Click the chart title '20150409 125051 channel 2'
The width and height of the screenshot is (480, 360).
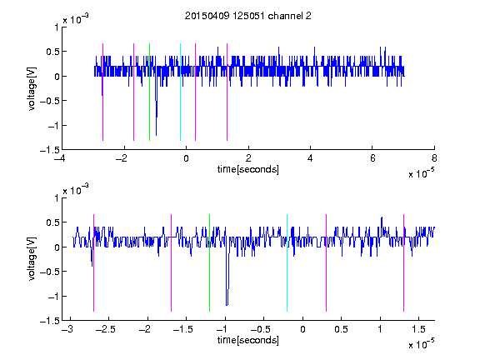pos(248,16)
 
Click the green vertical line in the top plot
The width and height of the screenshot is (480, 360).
pos(149,92)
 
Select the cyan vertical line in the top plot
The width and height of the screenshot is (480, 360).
pos(180,92)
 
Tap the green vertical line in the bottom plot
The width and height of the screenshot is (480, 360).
pos(209,262)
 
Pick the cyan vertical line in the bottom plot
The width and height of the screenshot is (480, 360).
pos(287,262)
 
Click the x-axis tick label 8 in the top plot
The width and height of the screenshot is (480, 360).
pos(434,158)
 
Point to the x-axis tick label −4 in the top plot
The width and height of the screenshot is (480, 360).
pos(59,158)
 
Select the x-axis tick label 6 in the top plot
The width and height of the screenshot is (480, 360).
pos(372,158)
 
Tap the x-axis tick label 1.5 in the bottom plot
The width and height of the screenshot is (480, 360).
pos(418,329)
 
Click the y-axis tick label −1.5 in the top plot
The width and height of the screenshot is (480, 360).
pos(49,150)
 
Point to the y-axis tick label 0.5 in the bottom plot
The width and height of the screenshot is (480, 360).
pos(52,222)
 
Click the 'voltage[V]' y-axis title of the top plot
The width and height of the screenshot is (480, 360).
pos(32,88)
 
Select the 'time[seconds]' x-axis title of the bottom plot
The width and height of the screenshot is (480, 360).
pos(248,340)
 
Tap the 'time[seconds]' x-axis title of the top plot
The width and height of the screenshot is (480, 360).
pos(248,169)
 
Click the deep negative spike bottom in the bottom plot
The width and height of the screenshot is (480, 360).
pos(227,305)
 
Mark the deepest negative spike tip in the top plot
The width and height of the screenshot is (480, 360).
pos(156,135)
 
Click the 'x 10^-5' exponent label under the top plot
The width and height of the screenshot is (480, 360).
pos(421,173)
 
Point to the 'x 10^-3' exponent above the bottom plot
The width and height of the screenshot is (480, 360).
pos(76,189)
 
